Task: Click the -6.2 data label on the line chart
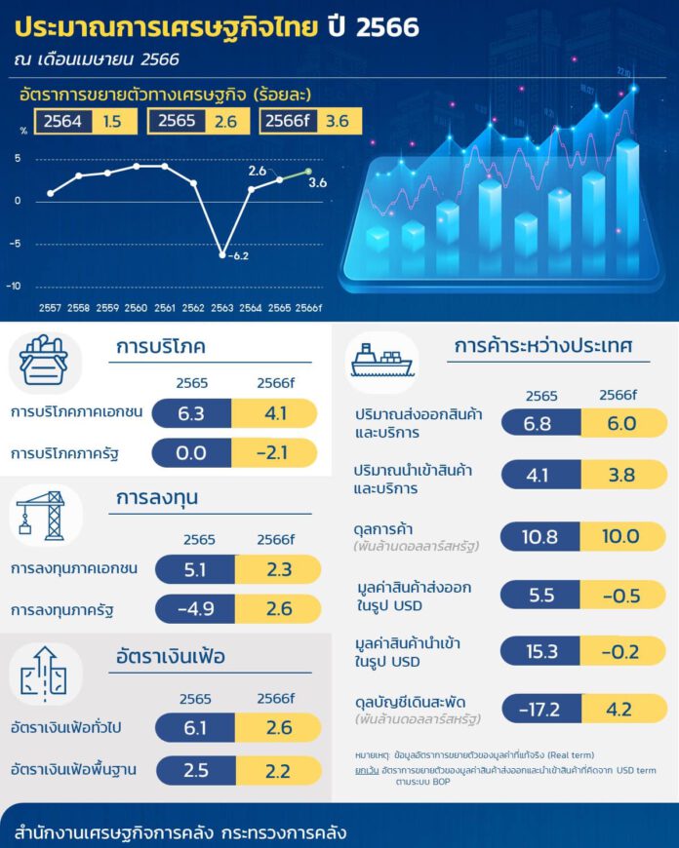[x=238, y=256]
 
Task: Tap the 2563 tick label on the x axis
[x=222, y=307]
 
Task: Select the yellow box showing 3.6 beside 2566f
[x=338, y=122]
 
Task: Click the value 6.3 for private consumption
[x=191, y=413]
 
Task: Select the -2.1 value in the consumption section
[x=275, y=453]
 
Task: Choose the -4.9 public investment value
[x=191, y=609]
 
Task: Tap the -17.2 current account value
[x=539, y=709]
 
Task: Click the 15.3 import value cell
[x=539, y=651]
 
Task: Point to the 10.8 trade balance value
[x=539, y=537]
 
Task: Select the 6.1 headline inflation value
[x=191, y=728]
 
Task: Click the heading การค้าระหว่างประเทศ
[x=543, y=346]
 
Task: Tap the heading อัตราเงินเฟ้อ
[x=169, y=656]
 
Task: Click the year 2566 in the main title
[x=387, y=27]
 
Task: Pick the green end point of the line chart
[x=308, y=173]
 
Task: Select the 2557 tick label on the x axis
[x=51, y=307]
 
